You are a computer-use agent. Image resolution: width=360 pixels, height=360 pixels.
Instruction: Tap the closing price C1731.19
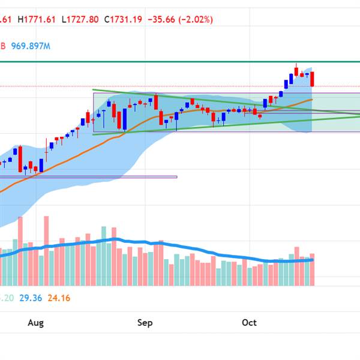point(124,19)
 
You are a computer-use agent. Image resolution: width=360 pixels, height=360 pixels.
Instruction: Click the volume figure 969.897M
point(31,46)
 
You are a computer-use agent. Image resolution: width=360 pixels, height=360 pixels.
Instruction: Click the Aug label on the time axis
point(36,323)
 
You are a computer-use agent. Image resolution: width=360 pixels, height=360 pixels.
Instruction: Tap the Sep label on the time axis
point(145,323)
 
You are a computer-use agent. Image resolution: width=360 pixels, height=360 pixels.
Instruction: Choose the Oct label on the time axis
point(249,323)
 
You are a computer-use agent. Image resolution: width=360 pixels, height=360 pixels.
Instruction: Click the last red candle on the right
point(312,79)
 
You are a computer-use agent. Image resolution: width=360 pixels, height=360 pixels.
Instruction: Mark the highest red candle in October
point(296,70)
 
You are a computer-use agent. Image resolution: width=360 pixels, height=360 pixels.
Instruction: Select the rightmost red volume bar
point(312,269)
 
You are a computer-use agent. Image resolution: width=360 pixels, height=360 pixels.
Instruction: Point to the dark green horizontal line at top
point(180,61)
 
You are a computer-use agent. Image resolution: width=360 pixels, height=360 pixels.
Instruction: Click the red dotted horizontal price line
point(180,86)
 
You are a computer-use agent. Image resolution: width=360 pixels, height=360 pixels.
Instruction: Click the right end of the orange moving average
point(312,100)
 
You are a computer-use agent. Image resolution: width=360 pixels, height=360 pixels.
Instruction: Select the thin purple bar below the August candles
point(90,176)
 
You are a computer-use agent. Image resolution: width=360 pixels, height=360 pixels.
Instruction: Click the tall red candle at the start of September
point(156,102)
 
